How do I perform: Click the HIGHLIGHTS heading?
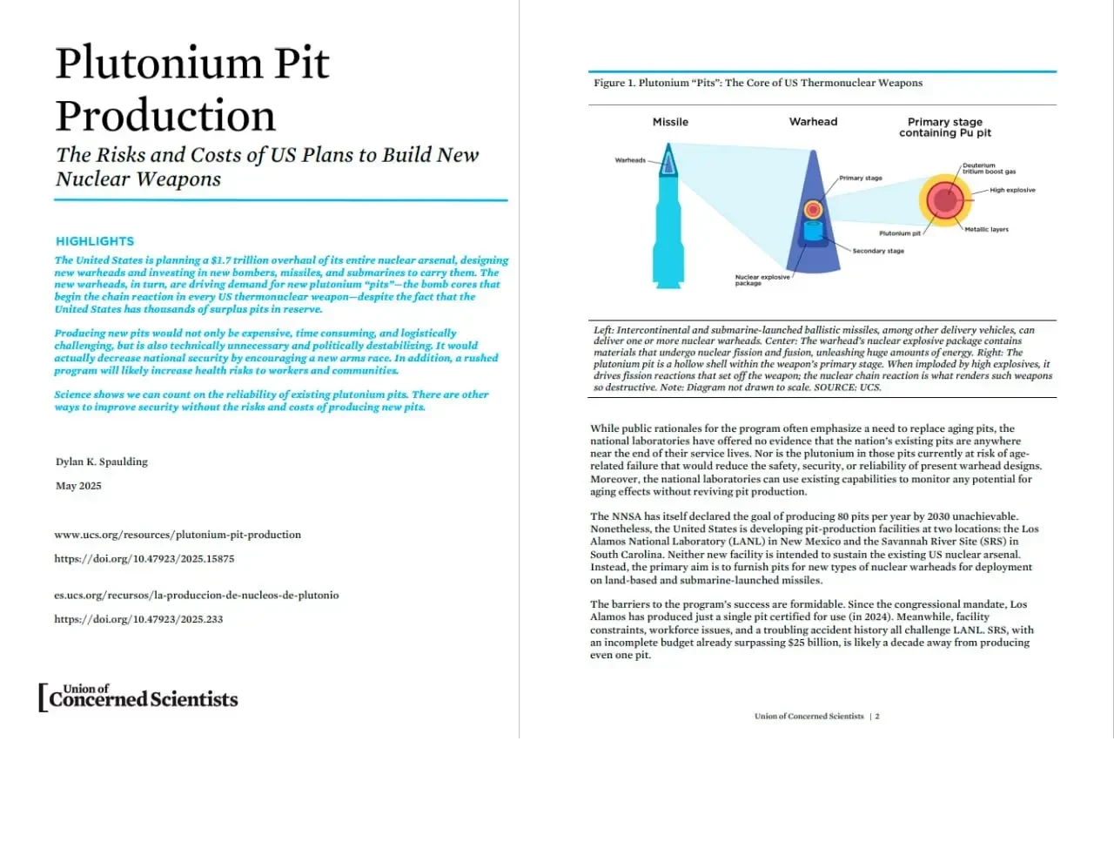[x=95, y=241]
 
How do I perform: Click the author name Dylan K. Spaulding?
[x=102, y=462]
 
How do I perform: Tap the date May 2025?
[x=78, y=486]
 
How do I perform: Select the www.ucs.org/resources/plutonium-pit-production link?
[x=178, y=535]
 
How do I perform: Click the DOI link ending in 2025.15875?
[x=144, y=559]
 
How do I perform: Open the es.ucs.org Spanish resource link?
[x=197, y=596]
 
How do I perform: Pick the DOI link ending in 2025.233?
[x=138, y=619]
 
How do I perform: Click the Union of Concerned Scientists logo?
[x=138, y=697]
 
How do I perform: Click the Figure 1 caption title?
[x=758, y=83]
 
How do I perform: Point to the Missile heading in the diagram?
[x=670, y=122]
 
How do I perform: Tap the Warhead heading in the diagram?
[x=813, y=122]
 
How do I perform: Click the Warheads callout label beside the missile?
[x=630, y=160]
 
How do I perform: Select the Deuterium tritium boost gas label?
[x=989, y=168]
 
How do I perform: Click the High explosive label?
[x=1012, y=190]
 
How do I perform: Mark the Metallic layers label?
[x=986, y=230]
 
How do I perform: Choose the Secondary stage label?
[x=878, y=251]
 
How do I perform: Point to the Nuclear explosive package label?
[x=762, y=280]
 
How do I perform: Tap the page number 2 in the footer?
[x=877, y=717]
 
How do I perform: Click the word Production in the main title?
[x=165, y=116]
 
